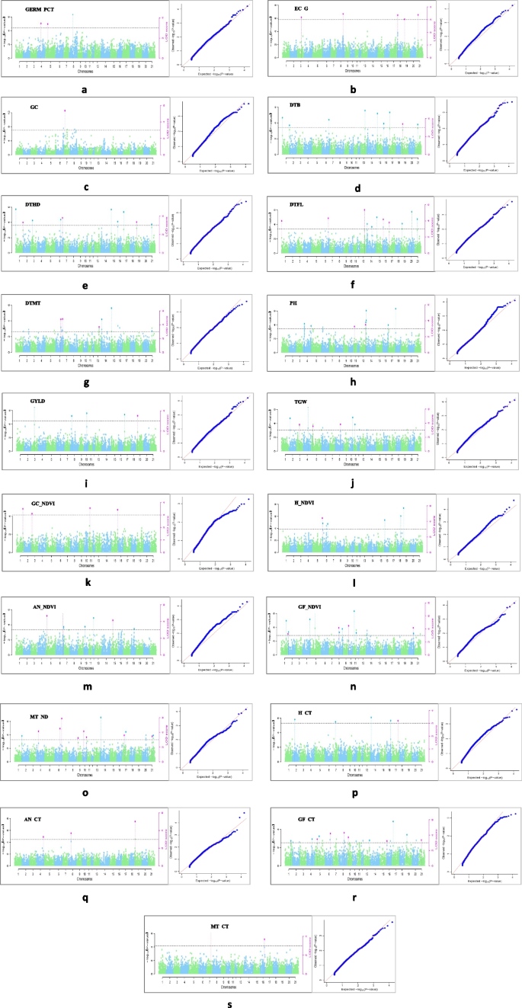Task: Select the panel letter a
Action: tap(85, 89)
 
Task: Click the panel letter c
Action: tap(85, 187)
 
